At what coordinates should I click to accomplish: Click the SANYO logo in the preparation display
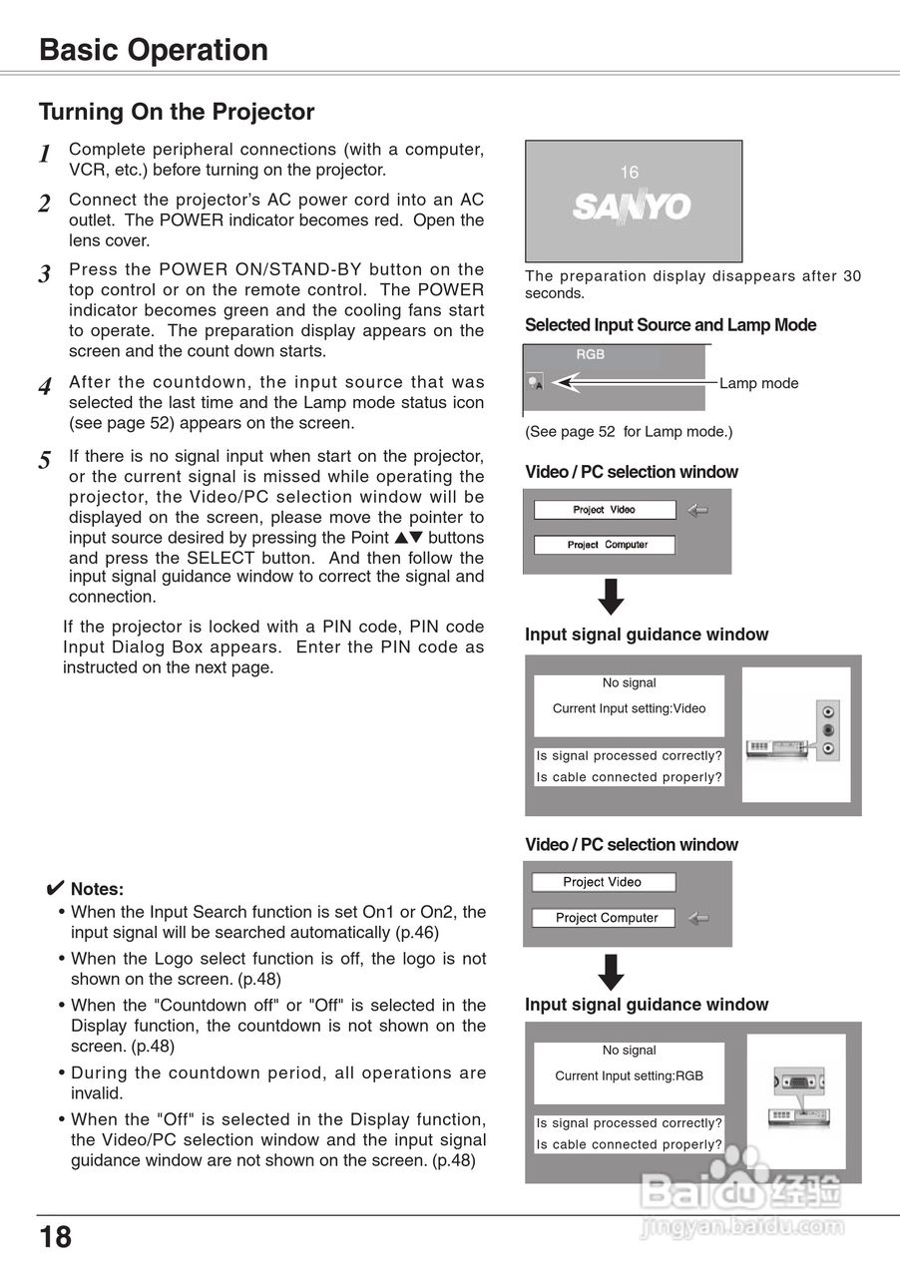click(x=632, y=207)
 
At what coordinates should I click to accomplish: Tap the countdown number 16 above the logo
click(x=629, y=173)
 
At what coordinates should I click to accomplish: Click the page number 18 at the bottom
click(x=56, y=1238)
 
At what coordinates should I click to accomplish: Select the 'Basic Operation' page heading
click(x=154, y=50)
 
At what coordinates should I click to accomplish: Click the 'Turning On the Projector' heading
click(x=177, y=112)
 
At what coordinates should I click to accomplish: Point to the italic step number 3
click(x=45, y=274)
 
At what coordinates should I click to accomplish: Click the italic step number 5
click(x=45, y=461)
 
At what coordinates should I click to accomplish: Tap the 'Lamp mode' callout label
click(x=758, y=383)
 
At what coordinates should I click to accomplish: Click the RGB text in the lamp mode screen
click(x=590, y=354)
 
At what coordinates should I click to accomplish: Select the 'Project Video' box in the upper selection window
click(x=605, y=510)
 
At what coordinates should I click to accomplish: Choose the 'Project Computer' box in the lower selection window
click(x=606, y=918)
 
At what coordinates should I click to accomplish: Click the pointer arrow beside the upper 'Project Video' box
click(x=697, y=510)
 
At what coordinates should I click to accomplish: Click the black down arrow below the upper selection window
click(x=612, y=597)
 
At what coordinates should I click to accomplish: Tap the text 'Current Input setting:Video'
click(x=629, y=708)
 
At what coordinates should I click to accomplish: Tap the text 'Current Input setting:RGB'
click(x=629, y=1075)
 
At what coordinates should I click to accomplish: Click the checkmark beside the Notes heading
click(x=56, y=888)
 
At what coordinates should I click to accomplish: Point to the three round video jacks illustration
click(x=827, y=729)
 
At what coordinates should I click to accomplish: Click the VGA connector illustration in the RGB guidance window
click(x=798, y=1083)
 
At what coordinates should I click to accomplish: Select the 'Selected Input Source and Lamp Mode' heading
click(x=671, y=325)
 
